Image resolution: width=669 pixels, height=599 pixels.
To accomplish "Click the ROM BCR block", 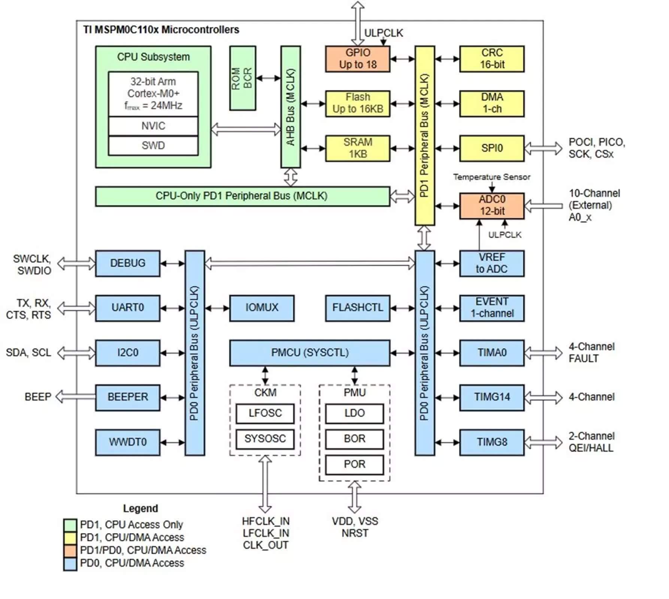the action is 243,78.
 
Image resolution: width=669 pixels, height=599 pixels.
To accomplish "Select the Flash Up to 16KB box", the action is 358,103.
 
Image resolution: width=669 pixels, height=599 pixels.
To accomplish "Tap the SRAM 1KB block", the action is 358,148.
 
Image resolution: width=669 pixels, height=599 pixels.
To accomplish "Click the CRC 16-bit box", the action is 492,59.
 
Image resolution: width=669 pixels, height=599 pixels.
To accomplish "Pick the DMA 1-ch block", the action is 492,103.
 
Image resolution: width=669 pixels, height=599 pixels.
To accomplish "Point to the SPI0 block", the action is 492,148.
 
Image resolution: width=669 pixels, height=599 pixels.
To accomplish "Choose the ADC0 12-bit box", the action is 492,206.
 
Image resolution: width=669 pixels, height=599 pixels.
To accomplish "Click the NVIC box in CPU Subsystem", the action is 153,126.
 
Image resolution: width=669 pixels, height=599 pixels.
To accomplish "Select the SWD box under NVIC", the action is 153,146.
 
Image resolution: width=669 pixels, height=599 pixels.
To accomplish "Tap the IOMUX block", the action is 262,308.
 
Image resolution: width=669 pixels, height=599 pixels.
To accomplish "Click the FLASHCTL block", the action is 358,308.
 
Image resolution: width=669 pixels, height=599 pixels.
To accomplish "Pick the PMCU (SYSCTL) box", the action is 310,353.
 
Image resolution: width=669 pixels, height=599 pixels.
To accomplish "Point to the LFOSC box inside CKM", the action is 265,413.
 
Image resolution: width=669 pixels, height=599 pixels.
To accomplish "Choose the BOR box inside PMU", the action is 354,439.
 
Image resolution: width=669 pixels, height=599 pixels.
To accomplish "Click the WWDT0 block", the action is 128,442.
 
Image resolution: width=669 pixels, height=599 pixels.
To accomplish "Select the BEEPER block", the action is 128,397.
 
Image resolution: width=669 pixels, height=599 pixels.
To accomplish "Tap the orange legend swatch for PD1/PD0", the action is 70,550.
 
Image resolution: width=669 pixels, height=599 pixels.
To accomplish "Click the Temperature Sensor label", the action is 492,177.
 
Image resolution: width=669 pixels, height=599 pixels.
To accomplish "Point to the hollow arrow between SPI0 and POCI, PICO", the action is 543,148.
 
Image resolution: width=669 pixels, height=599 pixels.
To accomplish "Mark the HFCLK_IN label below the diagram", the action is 266,521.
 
